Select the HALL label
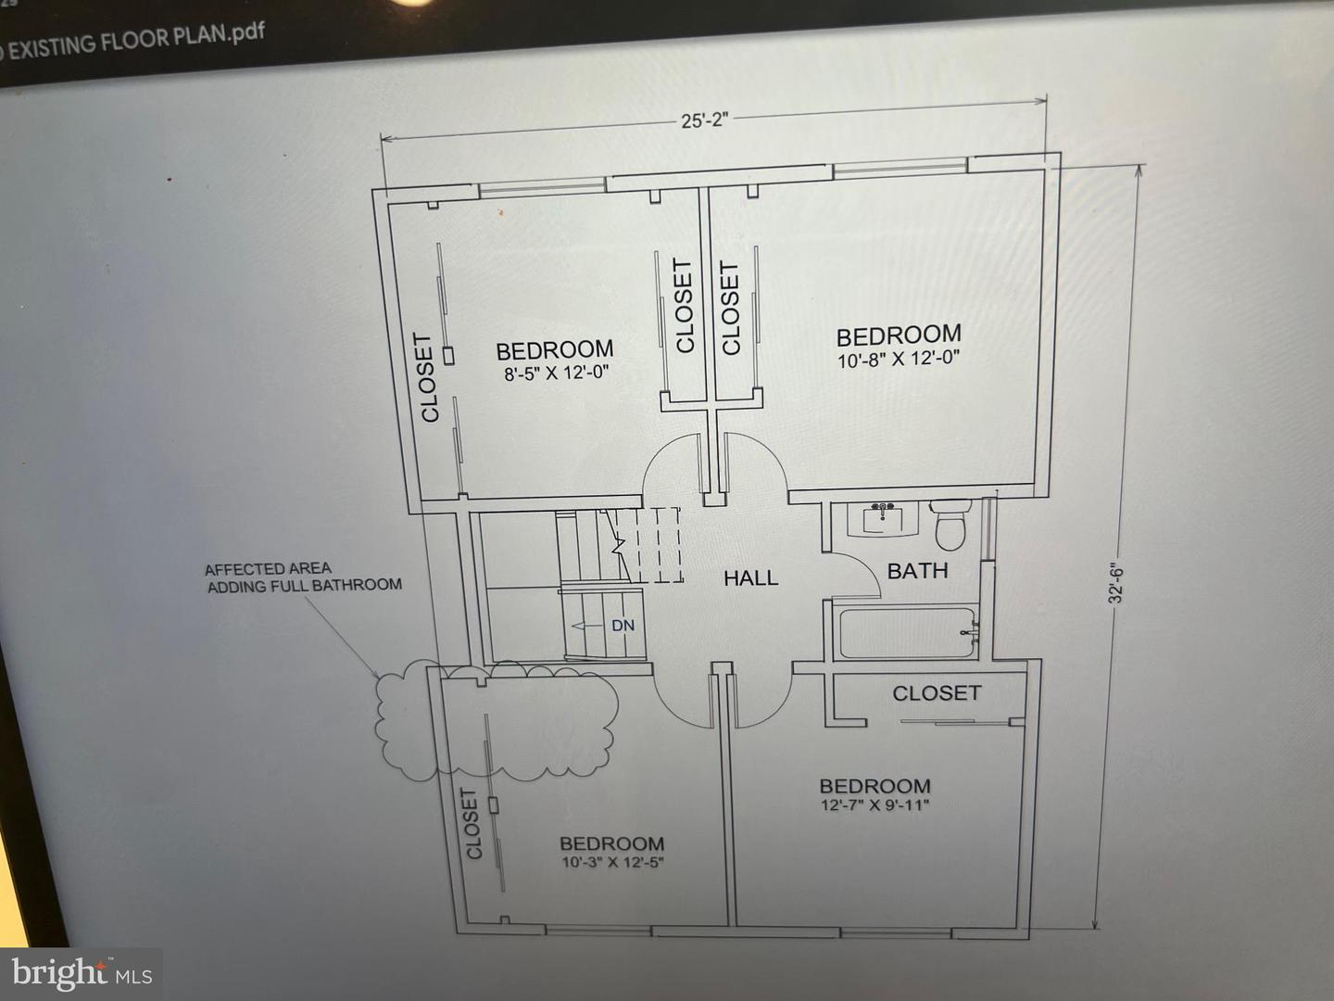750,578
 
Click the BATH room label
917,571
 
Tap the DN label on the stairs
623,626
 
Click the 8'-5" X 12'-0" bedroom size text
556,374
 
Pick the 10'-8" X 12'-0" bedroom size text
899,360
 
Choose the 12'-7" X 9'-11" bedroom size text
875,805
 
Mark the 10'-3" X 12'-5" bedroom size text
611,862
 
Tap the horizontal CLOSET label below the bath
936,693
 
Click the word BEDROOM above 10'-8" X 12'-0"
899,335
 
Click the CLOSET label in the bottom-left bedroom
472,823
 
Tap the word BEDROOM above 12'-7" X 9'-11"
875,786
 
